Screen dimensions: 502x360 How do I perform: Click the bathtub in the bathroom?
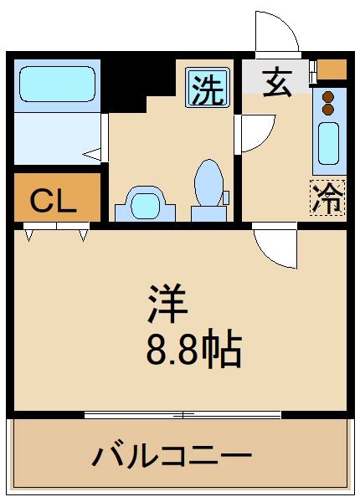pyautogui.click(x=56, y=85)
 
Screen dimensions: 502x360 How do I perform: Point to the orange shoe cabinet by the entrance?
pyautogui.click(x=332, y=69)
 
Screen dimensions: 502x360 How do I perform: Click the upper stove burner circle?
pyautogui.click(x=328, y=95)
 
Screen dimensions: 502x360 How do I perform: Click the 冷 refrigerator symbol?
pyautogui.click(x=327, y=197)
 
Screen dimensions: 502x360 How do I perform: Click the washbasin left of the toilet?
pyautogui.click(x=145, y=203)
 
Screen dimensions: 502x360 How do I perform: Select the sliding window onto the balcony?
pyautogui.click(x=183, y=413)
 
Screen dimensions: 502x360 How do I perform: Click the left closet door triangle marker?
pyautogui.click(x=29, y=236)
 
